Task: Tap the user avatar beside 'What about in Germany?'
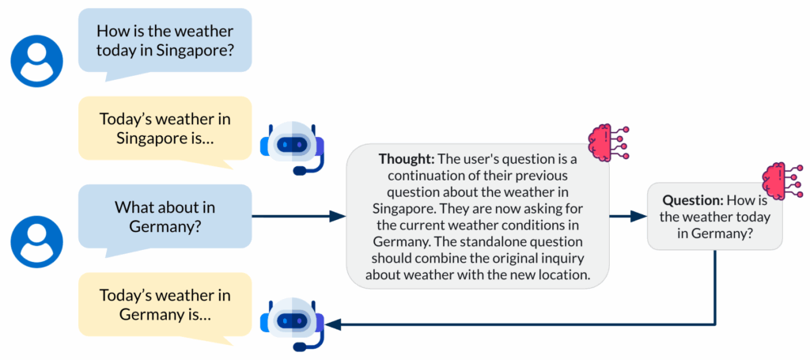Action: click(36, 237)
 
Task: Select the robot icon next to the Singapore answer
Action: click(293, 148)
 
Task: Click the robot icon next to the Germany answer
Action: click(293, 324)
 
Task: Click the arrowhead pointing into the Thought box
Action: click(339, 216)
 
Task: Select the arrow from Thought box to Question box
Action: click(629, 216)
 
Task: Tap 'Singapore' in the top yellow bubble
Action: click(150, 138)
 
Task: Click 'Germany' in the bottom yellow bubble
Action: click(146, 314)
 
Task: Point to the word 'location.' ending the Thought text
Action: click(561, 275)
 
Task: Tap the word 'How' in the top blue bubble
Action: click(113, 32)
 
